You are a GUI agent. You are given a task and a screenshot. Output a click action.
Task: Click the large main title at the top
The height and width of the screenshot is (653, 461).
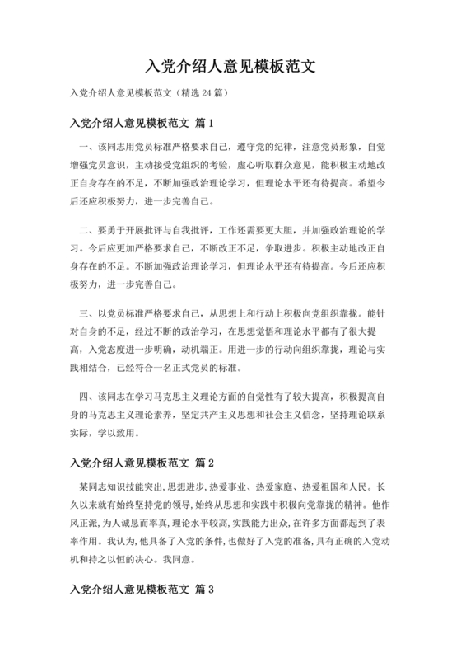[230, 65]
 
